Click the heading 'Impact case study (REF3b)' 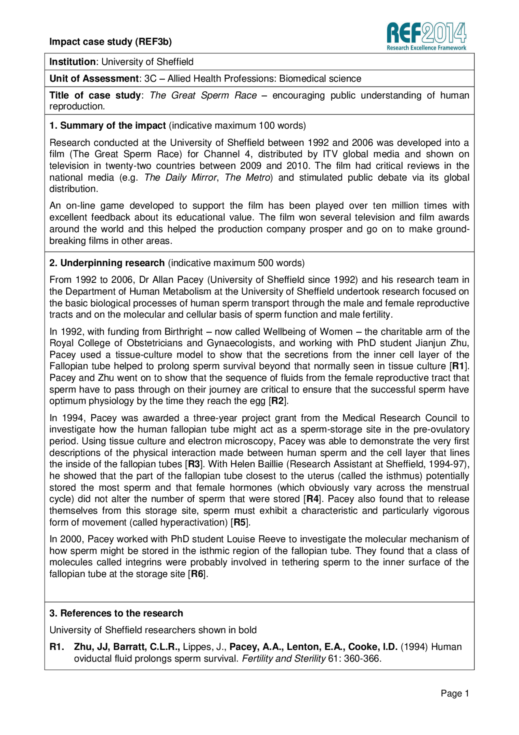pos(110,42)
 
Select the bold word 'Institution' pos(72,62)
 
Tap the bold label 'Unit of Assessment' pos(94,78)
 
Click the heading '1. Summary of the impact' pos(107,125)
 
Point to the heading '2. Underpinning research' pos(107,263)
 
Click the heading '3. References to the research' pos(116,613)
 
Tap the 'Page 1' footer pos(455,694)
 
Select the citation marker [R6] pos(197,574)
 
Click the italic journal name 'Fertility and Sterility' pos(284,658)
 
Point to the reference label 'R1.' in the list pos(57,647)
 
